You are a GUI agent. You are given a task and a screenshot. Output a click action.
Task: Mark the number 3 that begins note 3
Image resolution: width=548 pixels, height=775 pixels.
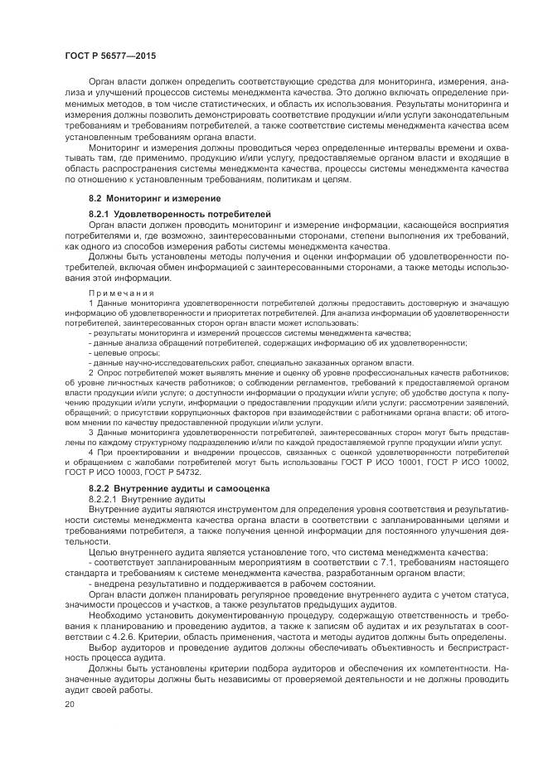pyautogui.click(x=90, y=432)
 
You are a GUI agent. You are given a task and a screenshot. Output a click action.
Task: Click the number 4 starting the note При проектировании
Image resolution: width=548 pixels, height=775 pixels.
pyautogui.click(x=90, y=453)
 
